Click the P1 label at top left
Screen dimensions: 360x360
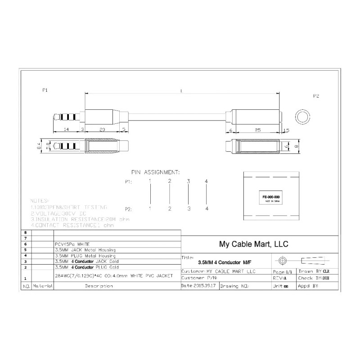pyautogui.click(x=45, y=90)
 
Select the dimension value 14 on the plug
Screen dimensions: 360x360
pyautogui.click(x=66, y=129)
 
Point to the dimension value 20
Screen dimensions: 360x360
pyautogui.click(x=102, y=129)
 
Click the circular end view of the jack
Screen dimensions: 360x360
pyautogui.click(x=301, y=116)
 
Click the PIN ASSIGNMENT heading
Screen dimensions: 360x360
pyautogui.click(x=155, y=172)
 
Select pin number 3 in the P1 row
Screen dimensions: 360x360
pyautogui.click(x=189, y=181)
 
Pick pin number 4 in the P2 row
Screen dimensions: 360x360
pyautogui.click(x=207, y=209)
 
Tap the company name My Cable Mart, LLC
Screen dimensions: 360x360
pyautogui.click(x=253, y=244)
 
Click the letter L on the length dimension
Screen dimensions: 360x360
pyautogui.click(x=181, y=91)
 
